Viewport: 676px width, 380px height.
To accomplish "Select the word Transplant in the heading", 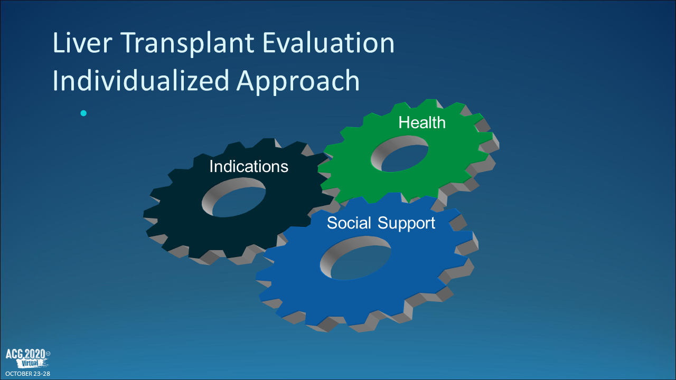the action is pos(187,44).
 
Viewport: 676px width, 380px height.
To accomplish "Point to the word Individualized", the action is pos(140,79).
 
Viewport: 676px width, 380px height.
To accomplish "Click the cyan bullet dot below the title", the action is pos(83,113).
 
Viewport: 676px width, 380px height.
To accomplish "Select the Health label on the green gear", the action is pos(422,122).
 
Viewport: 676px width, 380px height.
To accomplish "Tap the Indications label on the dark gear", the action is pos(249,166).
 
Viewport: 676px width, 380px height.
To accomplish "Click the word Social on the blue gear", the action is pos(349,223).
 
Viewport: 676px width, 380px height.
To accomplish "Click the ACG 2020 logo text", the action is pos(26,354).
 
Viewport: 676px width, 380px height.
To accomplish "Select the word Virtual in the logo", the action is pos(30,363).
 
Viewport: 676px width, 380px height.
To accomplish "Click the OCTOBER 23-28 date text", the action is pos(28,374).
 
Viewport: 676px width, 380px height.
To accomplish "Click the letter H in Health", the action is pos(404,122).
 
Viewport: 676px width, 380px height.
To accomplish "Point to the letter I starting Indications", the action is pos(211,166).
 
